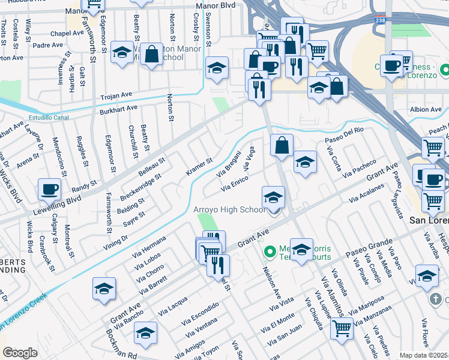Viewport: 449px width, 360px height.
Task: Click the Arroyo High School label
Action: point(229,209)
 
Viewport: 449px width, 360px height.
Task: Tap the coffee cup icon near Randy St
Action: point(49,189)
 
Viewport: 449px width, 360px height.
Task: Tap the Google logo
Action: point(19,353)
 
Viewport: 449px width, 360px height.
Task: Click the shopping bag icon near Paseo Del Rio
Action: point(282,145)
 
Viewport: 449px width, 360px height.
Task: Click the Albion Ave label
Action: point(426,109)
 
